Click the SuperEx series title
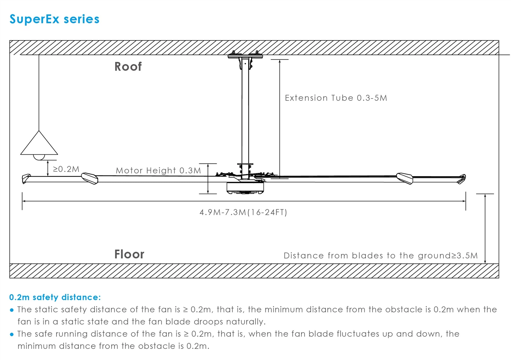(x=54, y=19)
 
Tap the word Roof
(x=128, y=67)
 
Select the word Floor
(x=129, y=254)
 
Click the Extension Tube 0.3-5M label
(x=336, y=98)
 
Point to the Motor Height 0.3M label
(x=158, y=171)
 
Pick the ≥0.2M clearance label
(x=66, y=169)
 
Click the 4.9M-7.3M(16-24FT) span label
(x=243, y=212)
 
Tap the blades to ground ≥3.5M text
(x=380, y=256)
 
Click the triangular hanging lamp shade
(x=39, y=143)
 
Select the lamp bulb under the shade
(x=39, y=157)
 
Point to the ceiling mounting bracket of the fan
(x=245, y=58)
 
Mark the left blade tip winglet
(x=26, y=179)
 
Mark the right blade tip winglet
(x=461, y=179)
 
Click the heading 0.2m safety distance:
(x=55, y=297)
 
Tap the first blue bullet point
(x=12, y=310)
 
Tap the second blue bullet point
(x=12, y=335)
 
